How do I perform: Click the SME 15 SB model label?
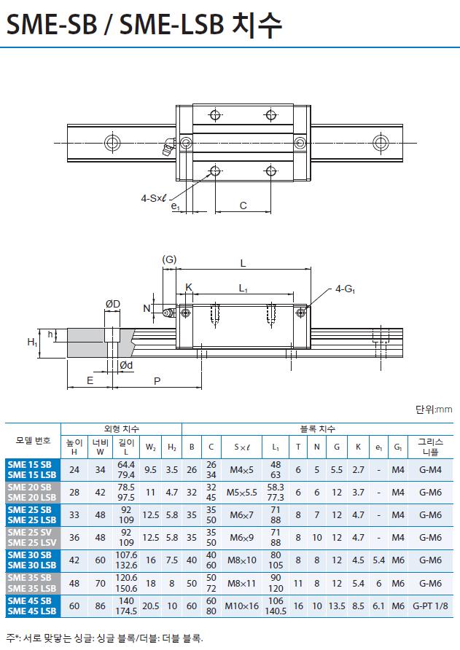(x=29, y=464)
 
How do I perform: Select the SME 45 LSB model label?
(x=31, y=611)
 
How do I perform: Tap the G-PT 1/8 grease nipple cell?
(x=430, y=606)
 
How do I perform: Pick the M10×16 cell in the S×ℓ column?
(x=241, y=606)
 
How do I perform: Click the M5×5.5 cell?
(x=241, y=493)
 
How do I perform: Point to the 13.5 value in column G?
(x=337, y=606)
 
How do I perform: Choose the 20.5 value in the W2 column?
(x=151, y=606)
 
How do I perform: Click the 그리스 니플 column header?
(x=430, y=447)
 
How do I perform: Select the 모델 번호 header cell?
(x=33, y=440)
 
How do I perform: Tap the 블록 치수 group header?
(x=317, y=429)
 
